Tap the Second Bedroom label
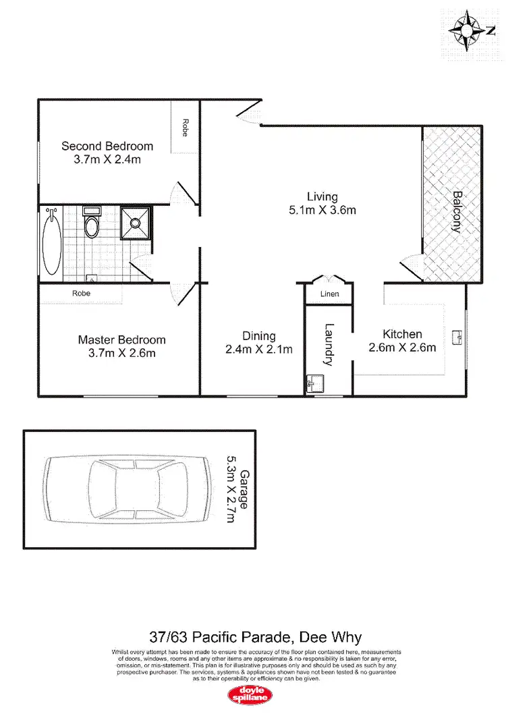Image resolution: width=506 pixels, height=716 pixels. coord(107,146)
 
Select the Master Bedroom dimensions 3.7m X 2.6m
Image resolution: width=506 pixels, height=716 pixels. coord(121,353)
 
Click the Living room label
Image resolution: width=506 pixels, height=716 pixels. coord(322,197)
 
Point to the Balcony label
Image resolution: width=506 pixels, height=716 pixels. coord(457,212)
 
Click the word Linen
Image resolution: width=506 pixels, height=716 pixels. coord(329,294)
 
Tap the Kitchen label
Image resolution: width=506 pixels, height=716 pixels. coord(402,334)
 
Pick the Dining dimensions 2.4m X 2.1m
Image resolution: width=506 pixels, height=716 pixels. coord(260,350)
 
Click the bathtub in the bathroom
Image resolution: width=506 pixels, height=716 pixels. coord(51,242)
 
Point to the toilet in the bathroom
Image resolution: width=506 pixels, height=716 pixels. coord(91,224)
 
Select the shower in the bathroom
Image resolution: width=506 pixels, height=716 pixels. coord(136,223)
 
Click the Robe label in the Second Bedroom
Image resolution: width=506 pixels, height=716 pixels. coord(184,128)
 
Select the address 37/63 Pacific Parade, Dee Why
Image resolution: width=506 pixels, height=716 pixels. coord(255,636)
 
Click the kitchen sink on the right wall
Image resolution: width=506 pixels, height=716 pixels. coord(459,335)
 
